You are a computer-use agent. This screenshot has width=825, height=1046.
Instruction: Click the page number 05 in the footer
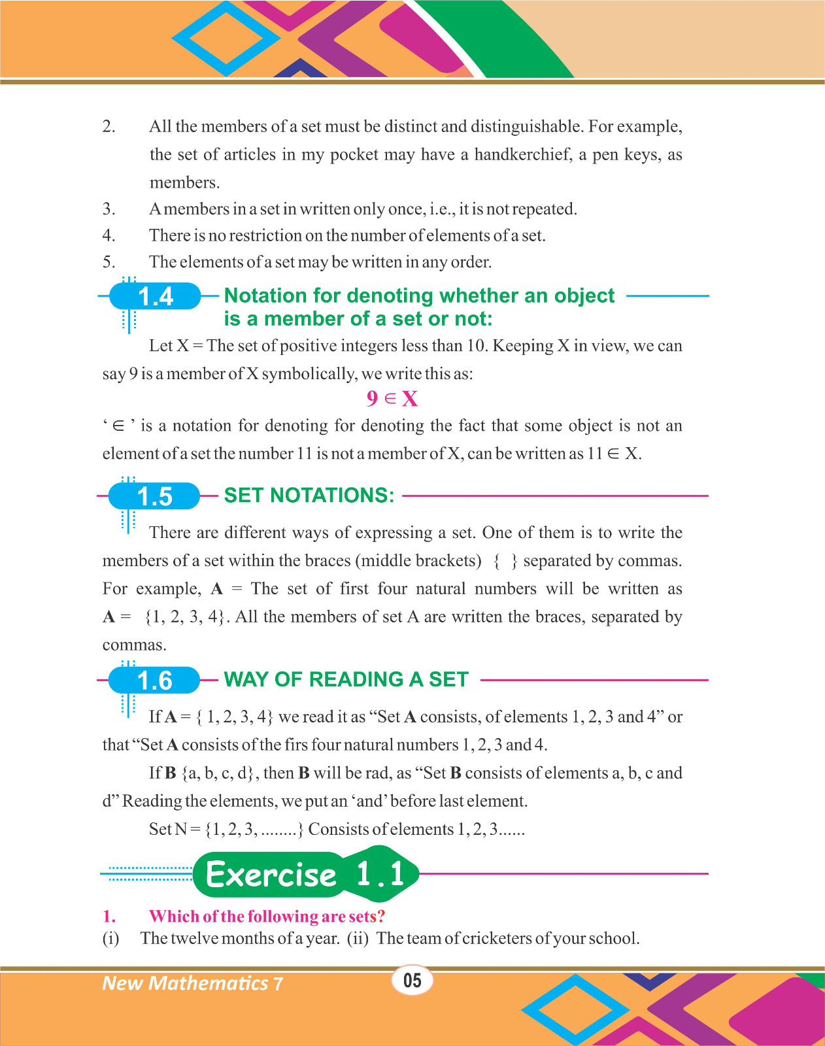412,980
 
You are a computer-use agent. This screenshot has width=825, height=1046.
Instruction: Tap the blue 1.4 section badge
155,297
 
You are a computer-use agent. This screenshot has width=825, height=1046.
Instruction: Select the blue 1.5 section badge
154,497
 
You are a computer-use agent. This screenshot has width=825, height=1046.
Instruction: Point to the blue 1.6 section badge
154,681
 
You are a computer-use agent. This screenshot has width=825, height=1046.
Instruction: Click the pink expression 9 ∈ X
392,398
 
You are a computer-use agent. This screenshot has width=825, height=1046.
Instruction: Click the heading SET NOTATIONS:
309,496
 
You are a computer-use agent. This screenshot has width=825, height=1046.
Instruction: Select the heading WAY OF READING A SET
346,679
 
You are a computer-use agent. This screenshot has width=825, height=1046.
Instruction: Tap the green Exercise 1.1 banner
306,874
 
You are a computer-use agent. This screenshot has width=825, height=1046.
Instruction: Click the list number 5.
109,262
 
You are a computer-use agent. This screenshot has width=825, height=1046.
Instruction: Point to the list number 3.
109,209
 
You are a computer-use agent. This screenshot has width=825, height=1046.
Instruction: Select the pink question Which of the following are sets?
267,916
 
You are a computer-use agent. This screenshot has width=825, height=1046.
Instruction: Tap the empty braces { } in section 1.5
505,561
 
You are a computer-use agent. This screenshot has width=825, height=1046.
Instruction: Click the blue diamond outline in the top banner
226,38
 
